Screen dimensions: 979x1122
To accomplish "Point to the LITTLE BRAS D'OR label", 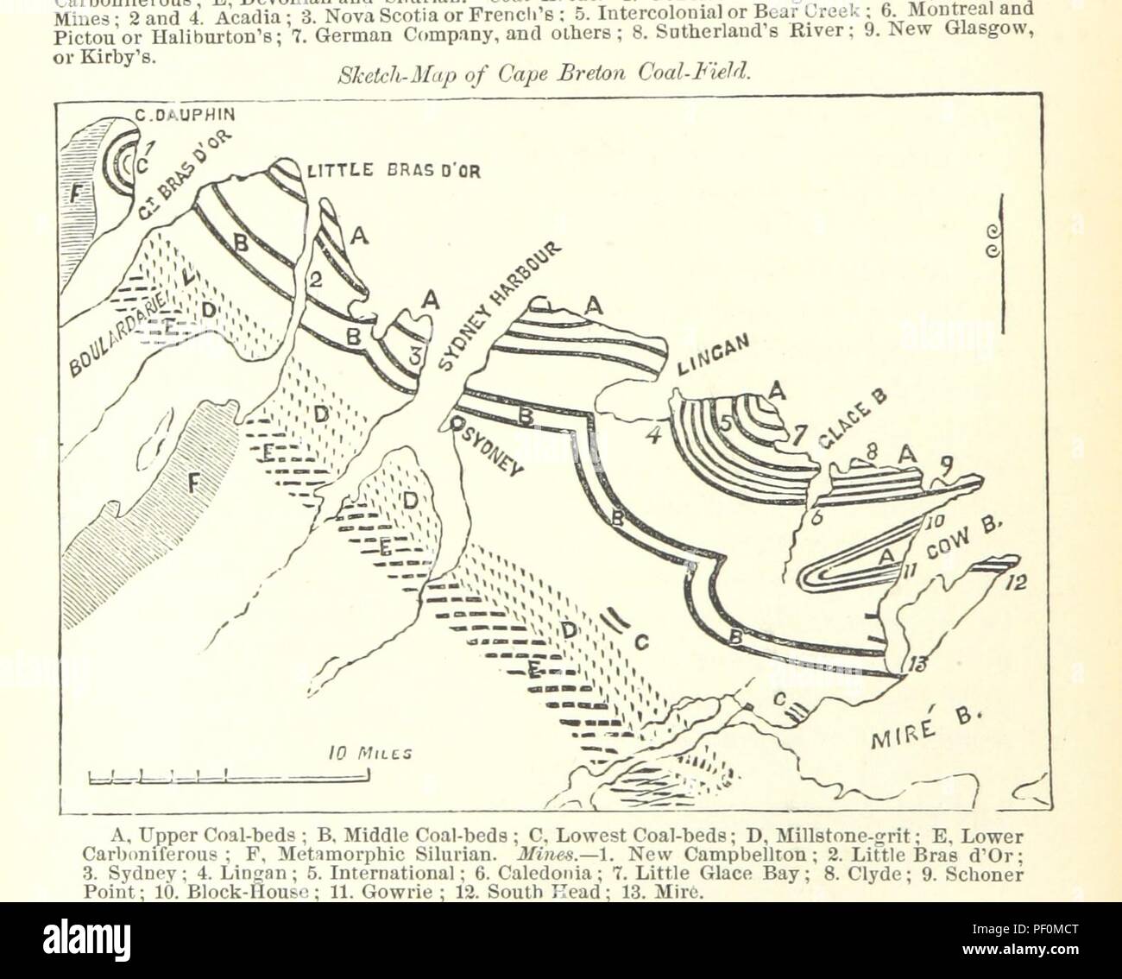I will (394, 169).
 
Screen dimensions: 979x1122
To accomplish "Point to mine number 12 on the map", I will (1015, 584).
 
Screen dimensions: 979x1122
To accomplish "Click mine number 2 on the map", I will (315, 279).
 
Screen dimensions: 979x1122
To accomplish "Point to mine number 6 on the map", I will (816, 516).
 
